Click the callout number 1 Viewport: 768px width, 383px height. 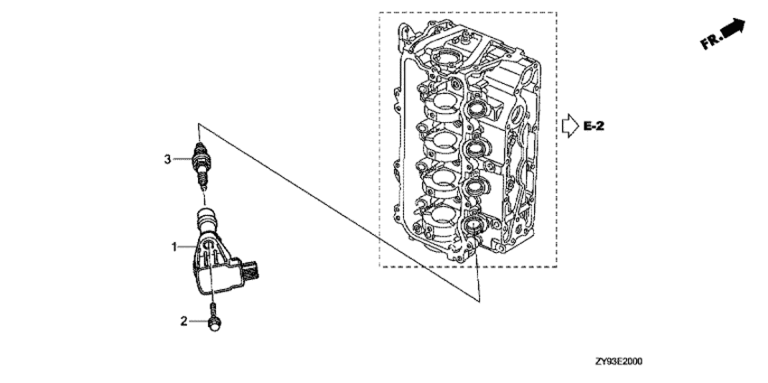point(173,248)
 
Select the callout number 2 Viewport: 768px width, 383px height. point(183,322)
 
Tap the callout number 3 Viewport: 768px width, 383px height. point(167,159)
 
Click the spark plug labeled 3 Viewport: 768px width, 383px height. point(200,165)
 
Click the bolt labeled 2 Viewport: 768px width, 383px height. point(214,317)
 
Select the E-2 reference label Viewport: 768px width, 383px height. point(595,126)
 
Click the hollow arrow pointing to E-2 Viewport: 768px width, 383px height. point(570,126)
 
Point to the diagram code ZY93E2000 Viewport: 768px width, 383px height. point(619,361)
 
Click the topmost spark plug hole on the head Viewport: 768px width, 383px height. point(476,108)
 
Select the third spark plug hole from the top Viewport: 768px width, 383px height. point(475,186)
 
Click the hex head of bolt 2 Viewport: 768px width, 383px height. point(214,323)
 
